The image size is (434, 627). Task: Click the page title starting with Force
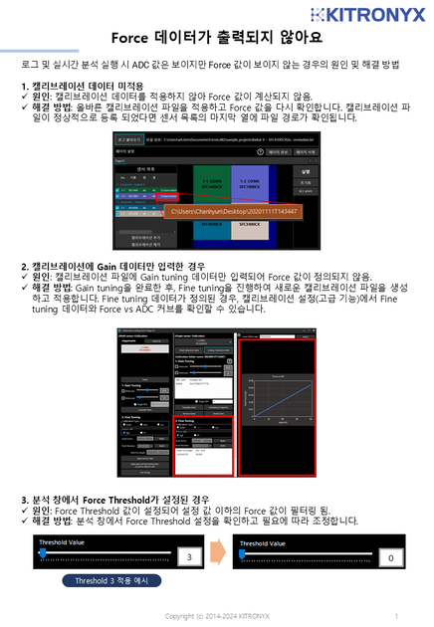point(216,37)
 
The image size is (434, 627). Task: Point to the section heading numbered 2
point(119,267)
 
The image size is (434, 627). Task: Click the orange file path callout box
point(235,211)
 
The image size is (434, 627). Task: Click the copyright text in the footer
point(216,616)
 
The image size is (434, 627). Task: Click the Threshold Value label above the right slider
point(268,542)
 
